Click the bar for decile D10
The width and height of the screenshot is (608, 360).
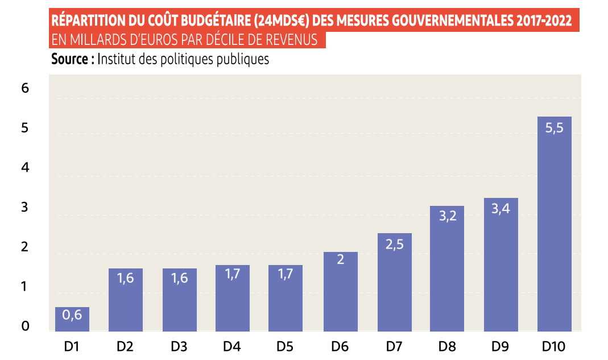pos(554,227)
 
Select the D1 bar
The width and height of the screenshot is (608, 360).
pos(72,320)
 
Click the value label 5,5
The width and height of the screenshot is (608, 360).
pos(554,128)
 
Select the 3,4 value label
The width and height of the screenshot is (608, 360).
pos(501,209)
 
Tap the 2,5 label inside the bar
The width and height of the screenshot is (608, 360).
pos(394,245)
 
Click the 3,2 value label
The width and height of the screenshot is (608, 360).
pos(447,217)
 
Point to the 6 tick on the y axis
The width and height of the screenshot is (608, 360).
pos(25,88)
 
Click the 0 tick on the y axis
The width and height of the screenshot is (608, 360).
pos(25,326)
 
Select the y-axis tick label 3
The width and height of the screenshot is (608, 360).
pos(25,207)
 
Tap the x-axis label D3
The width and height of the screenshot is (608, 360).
pos(179,346)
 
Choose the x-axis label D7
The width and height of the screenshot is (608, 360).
pos(394,346)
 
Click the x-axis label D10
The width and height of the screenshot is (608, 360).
pos(554,346)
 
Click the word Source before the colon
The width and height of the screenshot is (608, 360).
pos(70,59)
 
